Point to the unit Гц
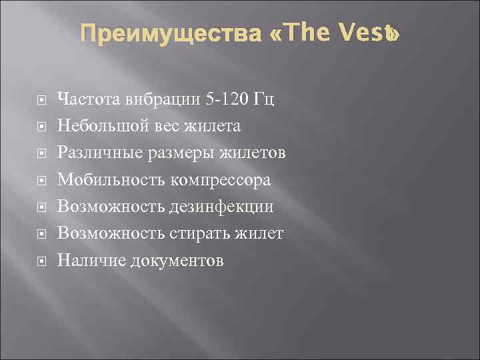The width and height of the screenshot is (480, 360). pyautogui.click(x=265, y=100)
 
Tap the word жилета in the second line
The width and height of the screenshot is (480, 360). pyautogui.click(x=215, y=126)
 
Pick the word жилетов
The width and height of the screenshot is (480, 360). pyautogui.click(x=256, y=153)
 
